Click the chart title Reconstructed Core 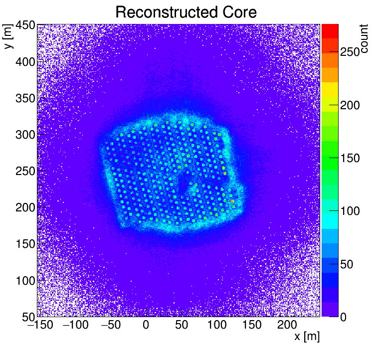coord(186,12)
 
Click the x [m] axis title coord(306,337)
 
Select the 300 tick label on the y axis coord(24,135)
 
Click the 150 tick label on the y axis coord(24,244)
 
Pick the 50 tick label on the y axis coord(27,316)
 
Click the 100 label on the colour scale coord(351,211)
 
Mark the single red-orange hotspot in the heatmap coord(233,201)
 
